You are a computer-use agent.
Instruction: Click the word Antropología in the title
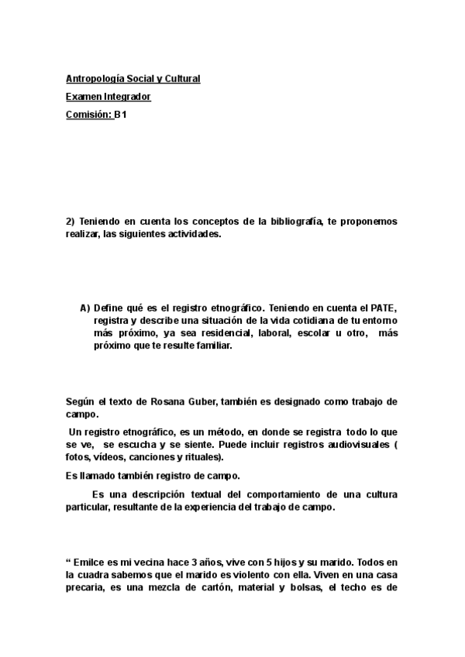95,78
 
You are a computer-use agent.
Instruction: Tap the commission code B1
120,115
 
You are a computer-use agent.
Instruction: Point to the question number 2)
70,221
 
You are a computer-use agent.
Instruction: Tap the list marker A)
85,308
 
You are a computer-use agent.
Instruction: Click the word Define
108,308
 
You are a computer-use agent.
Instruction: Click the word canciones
156,458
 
